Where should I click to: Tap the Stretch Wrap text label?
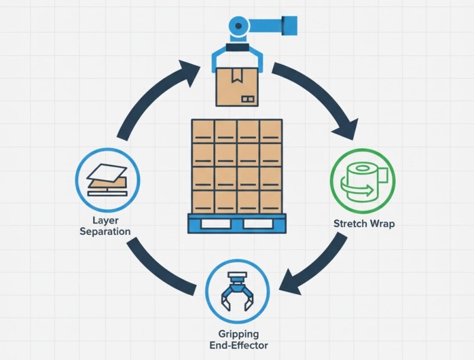(x=364, y=225)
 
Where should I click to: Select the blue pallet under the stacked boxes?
(x=237, y=223)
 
